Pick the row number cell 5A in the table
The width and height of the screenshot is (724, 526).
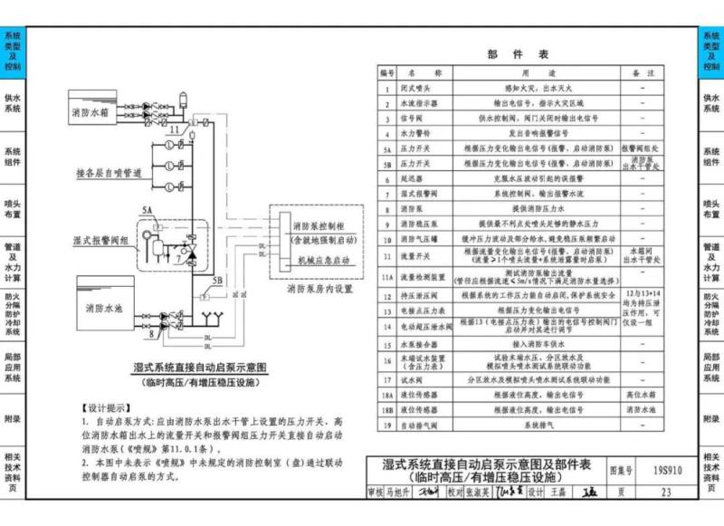coord(386,146)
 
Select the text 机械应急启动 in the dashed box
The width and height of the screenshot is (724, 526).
coord(323,260)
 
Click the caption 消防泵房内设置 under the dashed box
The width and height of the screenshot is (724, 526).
coord(318,291)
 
